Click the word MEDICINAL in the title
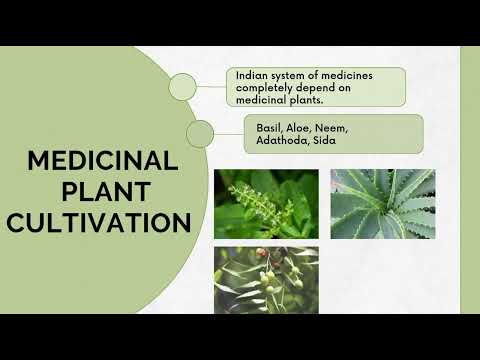[x=102, y=162]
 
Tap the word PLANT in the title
[x=102, y=191]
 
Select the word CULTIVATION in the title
[x=102, y=221]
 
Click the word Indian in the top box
[x=250, y=75]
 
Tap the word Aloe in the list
[x=301, y=128]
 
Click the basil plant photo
[x=266, y=203]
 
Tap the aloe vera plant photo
[x=383, y=203]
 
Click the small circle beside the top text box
[x=182, y=87]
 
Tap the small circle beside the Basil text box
[x=200, y=133]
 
